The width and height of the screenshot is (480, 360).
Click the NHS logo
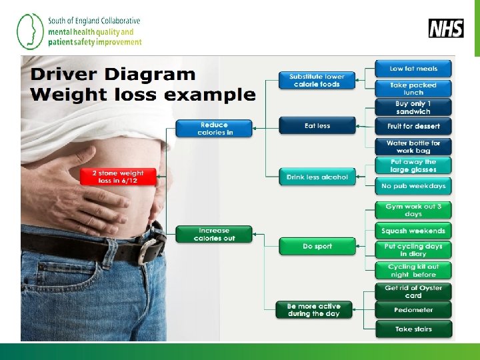[x=446, y=28]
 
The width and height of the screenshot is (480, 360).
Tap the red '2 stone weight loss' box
[x=112, y=177]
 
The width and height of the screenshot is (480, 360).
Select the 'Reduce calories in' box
[x=214, y=129]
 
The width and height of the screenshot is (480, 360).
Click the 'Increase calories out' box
[x=214, y=234]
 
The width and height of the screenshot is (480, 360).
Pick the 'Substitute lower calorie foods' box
[x=317, y=81]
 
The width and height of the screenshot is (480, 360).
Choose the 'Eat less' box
[x=317, y=125]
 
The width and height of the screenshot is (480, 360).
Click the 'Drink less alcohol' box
[x=317, y=177]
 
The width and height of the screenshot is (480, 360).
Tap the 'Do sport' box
[x=317, y=247]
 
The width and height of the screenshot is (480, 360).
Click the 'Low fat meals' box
[x=413, y=68]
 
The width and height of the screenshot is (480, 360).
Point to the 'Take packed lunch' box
[x=413, y=89]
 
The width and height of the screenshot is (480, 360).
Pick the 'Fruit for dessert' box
[x=413, y=126]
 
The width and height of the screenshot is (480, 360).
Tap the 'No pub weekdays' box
[x=413, y=186]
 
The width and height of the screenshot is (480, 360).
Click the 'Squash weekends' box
[x=413, y=231]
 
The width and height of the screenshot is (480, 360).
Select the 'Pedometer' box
[x=413, y=310]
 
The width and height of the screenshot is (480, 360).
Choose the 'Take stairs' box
[x=413, y=329]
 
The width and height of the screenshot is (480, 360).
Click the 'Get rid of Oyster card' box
[x=413, y=291]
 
